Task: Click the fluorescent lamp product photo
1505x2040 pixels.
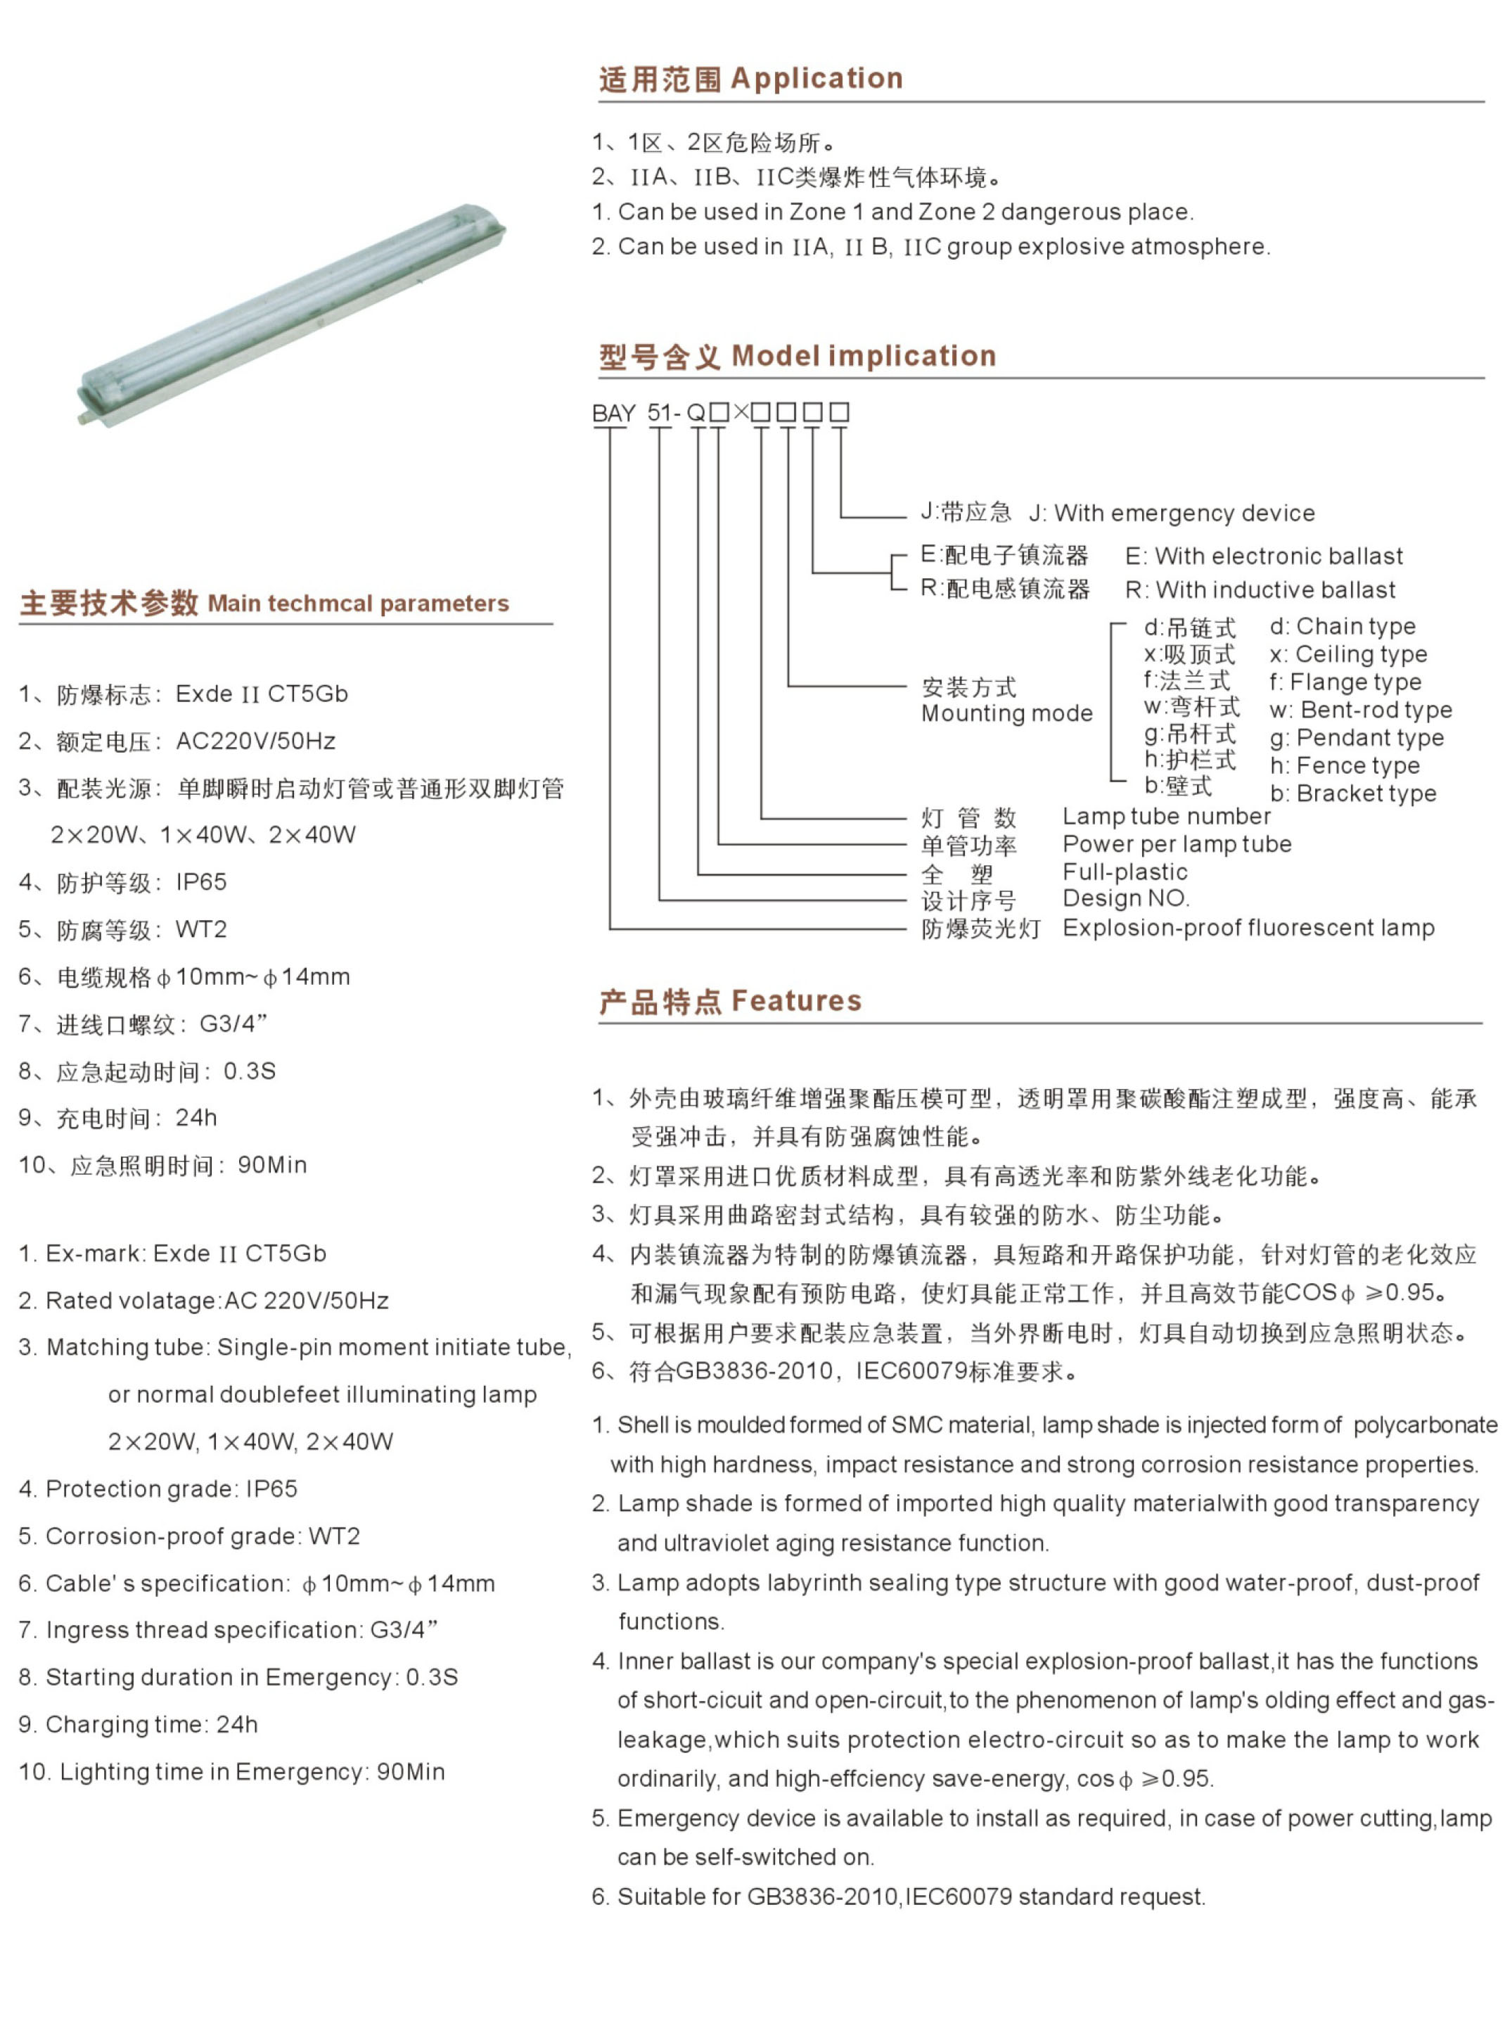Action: [292, 314]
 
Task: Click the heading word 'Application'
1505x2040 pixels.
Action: [816, 79]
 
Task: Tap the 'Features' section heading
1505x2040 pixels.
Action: [795, 1001]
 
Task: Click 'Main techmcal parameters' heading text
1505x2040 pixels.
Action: [358, 604]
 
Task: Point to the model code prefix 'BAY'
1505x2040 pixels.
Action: [613, 414]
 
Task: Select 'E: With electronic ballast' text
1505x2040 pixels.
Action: [1264, 556]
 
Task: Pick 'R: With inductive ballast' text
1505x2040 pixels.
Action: [1260, 590]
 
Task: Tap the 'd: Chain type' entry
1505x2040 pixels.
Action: [1342, 627]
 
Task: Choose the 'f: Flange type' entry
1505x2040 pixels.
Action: [1345, 682]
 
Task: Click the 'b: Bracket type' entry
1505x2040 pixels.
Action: [1353, 793]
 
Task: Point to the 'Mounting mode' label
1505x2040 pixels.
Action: [1006, 713]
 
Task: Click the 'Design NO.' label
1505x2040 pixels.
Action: [1125, 899]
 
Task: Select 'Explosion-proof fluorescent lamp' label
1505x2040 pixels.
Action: [1248, 929]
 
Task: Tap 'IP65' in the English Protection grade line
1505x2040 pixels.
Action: [271, 1488]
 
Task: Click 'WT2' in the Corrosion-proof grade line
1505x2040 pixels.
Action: [334, 1536]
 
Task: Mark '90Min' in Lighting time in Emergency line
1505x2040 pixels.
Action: [411, 1772]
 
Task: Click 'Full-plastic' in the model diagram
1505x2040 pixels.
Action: [1125, 873]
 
